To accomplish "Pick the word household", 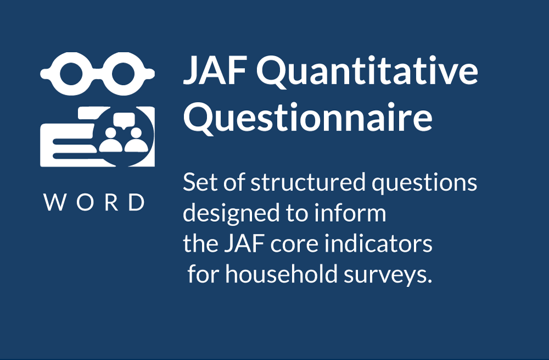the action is pos(281,273).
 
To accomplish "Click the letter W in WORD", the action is pos(55,202).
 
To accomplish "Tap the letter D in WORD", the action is pos(137,202).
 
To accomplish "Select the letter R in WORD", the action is pos(111,202).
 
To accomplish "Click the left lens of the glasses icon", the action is pos(71,74).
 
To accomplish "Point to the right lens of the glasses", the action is pos(123,74).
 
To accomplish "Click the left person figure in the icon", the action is pos(111,139).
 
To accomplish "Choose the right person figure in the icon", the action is pos(136,139).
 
